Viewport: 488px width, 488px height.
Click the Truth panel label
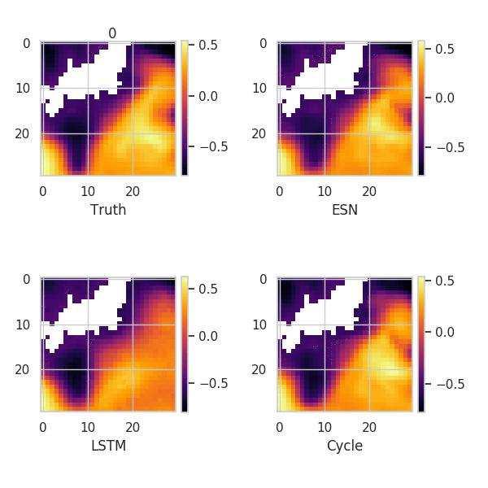[108, 210]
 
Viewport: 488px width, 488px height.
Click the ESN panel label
[345, 210]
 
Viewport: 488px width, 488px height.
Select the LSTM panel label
[108, 446]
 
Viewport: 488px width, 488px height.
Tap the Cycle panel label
[345, 446]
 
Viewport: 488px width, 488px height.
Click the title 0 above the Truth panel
[112, 33]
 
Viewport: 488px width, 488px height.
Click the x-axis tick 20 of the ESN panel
[369, 192]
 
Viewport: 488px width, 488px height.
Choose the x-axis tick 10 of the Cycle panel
[325, 428]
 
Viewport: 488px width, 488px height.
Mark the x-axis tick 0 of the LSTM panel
[43, 428]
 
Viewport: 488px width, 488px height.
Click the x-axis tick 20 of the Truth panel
[133, 192]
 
